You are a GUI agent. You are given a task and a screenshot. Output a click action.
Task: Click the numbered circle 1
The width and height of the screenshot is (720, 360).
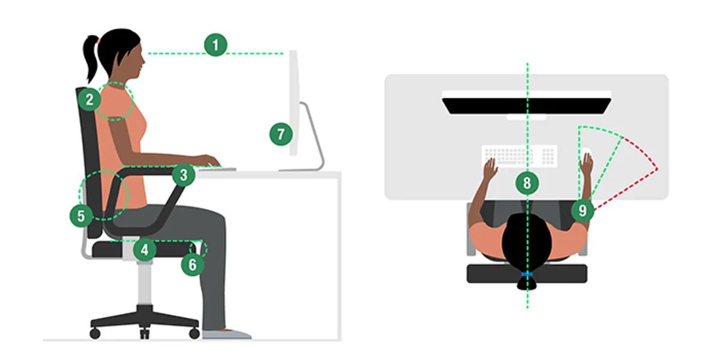[x=215, y=45]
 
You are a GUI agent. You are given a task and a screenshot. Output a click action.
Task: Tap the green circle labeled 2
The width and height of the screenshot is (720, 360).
[x=89, y=100]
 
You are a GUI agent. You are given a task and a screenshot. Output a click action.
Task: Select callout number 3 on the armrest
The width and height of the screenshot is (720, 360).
[x=184, y=175]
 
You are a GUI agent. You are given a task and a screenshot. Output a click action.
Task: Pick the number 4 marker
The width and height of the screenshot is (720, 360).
[x=145, y=250]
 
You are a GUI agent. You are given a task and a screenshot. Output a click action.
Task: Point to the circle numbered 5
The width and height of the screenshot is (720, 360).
[x=82, y=215]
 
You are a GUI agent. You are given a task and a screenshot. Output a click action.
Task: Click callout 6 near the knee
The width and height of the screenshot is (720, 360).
[x=193, y=265]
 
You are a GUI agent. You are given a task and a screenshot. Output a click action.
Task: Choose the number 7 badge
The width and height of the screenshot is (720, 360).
[x=281, y=134]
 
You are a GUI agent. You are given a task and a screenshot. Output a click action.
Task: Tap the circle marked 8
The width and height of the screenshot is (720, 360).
[x=527, y=183]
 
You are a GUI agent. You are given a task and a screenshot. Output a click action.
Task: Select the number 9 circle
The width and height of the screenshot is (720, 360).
[x=583, y=211]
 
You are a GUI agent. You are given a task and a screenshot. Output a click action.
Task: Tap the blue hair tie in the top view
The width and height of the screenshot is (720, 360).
[x=527, y=274]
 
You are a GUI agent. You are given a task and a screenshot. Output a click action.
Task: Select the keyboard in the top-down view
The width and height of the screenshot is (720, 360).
[x=520, y=157]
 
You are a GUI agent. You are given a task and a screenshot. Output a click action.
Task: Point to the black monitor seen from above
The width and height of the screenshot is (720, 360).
[x=527, y=106]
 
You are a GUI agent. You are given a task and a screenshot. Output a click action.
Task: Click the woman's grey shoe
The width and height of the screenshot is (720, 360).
[x=227, y=334]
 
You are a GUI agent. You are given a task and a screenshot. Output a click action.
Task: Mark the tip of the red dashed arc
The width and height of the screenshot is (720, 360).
[x=658, y=169]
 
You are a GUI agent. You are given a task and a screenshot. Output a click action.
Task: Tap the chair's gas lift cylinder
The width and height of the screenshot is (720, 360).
[x=145, y=283]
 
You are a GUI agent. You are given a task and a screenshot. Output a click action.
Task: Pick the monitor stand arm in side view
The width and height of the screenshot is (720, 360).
[x=313, y=135]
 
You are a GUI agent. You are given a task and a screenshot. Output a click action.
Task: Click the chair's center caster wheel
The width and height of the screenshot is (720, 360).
[x=145, y=334]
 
